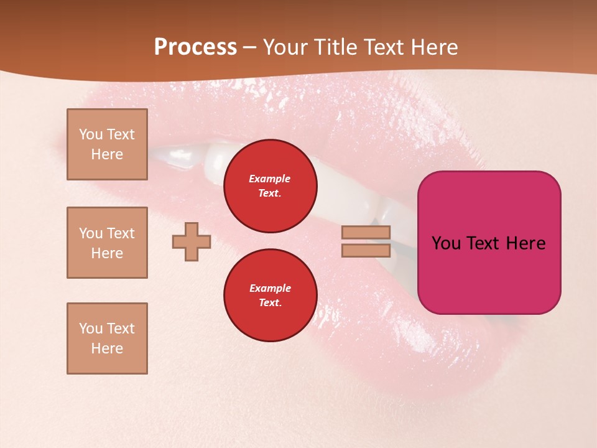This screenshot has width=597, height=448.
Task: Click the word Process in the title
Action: [195, 47]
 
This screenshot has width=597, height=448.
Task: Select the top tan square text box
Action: [107, 144]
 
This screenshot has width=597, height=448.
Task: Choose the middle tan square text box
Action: [107, 243]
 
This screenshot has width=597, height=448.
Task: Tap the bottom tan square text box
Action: [107, 338]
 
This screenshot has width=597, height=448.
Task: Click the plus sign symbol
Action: [192, 242]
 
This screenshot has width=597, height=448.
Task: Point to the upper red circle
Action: [270, 186]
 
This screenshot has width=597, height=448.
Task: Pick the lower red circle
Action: [270, 296]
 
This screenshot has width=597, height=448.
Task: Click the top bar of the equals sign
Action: [366, 233]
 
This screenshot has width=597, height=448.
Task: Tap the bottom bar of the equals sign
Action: [366, 251]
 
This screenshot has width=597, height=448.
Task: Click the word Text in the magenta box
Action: [483, 243]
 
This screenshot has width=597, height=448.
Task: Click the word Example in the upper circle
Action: [269, 179]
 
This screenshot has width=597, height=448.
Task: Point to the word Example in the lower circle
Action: [269, 288]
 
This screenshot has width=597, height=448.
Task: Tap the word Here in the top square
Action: [107, 154]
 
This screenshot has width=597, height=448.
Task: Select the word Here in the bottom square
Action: [107, 348]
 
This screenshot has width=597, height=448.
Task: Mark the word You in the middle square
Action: [90, 233]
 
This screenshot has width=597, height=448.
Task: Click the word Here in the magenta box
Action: [525, 243]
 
